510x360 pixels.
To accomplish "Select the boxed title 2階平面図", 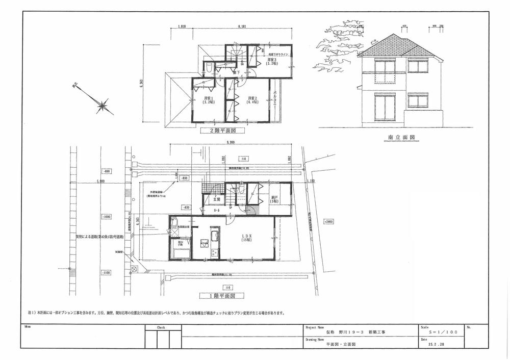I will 220,131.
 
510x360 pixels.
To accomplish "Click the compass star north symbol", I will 103,106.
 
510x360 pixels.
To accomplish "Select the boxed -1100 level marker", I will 106,273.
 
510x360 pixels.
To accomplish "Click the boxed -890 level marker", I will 106,172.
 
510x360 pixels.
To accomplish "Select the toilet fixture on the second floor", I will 209,68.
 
